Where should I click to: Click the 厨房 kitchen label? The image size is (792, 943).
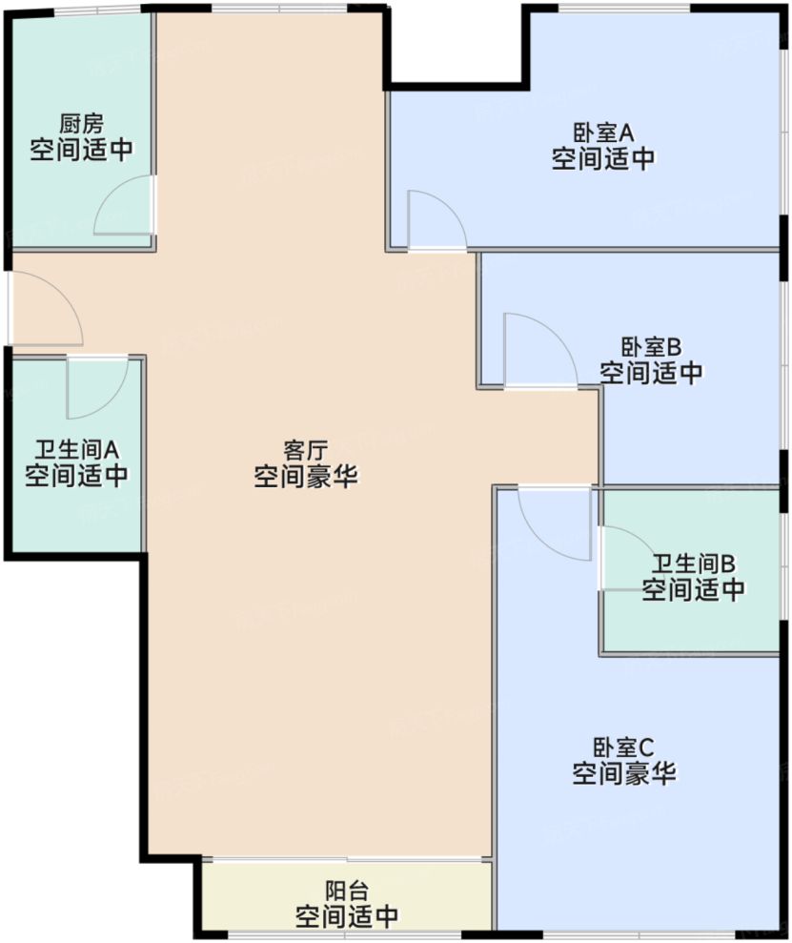[x=81, y=124]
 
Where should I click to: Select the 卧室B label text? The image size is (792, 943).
[x=651, y=346]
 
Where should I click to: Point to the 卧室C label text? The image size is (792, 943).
[x=624, y=748]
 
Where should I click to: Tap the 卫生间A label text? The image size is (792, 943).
[x=76, y=449]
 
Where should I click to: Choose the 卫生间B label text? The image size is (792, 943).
[x=693, y=564]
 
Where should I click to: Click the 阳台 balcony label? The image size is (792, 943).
[x=347, y=892]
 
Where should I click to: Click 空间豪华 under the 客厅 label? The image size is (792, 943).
[x=306, y=477]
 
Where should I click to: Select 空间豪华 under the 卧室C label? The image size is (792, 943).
[x=624, y=774]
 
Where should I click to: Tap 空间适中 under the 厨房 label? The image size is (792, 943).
[x=81, y=150]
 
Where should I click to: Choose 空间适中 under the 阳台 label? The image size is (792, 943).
[x=347, y=917]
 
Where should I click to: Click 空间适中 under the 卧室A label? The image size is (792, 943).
[x=603, y=158]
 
